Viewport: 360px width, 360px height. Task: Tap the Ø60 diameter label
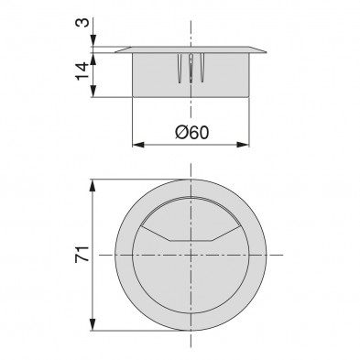191,134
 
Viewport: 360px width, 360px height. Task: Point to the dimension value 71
82,253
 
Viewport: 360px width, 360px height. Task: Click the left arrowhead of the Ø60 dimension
138,144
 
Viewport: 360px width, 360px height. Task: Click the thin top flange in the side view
192,49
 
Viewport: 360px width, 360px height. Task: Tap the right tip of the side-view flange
265,50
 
